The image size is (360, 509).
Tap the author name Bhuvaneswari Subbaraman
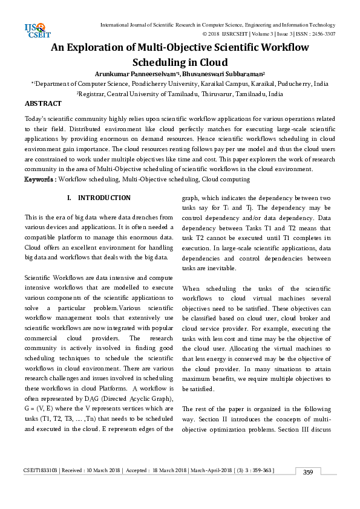pyautogui.click(x=208, y=73)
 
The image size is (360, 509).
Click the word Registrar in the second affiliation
pyautogui.click(x=94, y=94)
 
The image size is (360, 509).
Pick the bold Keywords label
pyautogui.click(x=39, y=180)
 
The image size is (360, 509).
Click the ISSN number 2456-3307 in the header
pyautogui.click(x=322, y=34)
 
